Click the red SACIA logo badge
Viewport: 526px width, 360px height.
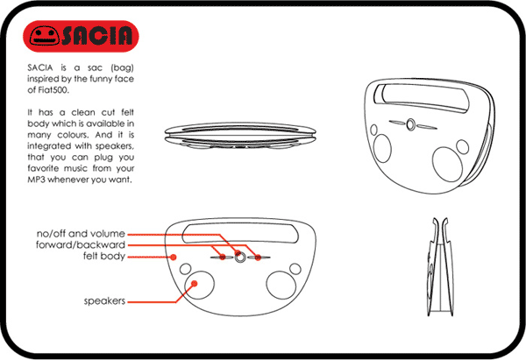coord(81,36)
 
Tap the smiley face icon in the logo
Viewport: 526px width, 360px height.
coord(45,36)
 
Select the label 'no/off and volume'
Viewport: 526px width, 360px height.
coord(81,233)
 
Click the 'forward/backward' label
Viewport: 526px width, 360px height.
coord(81,244)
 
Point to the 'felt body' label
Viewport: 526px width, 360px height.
coord(104,256)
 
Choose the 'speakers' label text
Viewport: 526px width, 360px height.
coord(104,301)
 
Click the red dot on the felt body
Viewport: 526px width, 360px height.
coord(173,258)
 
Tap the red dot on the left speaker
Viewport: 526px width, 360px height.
coord(194,284)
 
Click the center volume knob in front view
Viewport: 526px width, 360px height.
coord(240,258)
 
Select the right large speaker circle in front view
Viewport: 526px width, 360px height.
coord(281,286)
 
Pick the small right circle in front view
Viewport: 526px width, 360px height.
coord(295,269)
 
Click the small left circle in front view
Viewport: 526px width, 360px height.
coord(186,269)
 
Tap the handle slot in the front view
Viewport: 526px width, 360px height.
coord(240,233)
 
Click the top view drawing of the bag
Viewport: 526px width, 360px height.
coord(240,136)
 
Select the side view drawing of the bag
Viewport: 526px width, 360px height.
coord(440,267)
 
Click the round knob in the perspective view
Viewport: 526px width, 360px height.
coord(410,124)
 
